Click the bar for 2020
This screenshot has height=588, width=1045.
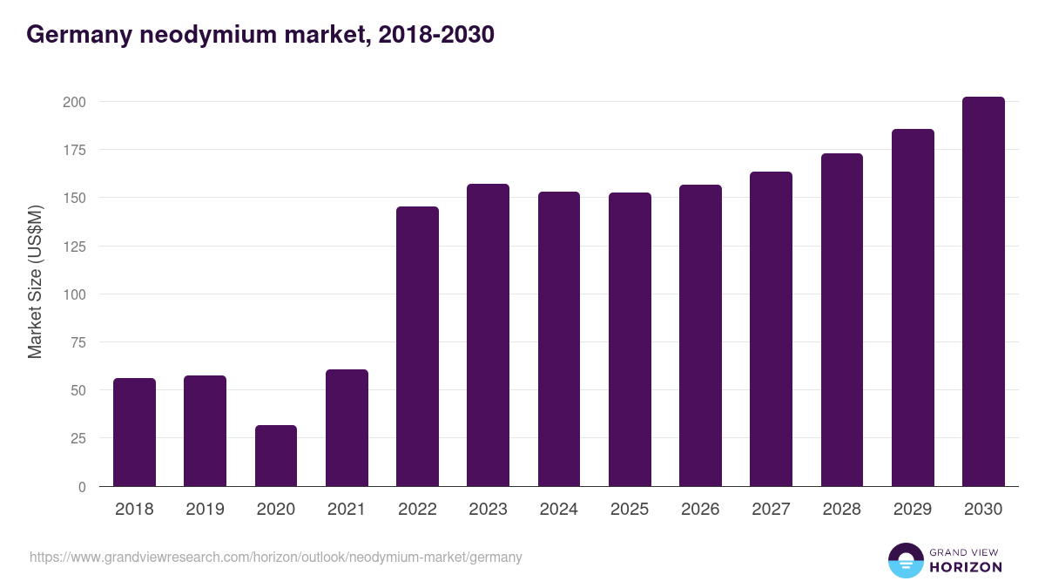[276, 456]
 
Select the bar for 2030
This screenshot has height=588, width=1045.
[983, 292]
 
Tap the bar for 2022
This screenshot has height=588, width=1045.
[417, 347]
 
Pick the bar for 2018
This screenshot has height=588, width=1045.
[134, 432]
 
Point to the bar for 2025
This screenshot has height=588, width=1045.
[630, 340]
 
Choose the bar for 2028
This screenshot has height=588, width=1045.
[842, 320]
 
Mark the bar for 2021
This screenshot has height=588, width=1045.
[347, 428]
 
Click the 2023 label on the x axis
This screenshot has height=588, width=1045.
[488, 510]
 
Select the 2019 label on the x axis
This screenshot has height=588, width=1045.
[205, 510]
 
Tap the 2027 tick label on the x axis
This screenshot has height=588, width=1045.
[771, 510]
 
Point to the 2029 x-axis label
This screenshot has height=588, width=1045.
[913, 510]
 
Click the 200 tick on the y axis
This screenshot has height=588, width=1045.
[74, 102]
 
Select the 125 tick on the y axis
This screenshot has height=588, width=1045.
[74, 247]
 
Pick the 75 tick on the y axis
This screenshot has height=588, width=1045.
[78, 342]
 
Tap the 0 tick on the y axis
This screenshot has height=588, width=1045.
[82, 487]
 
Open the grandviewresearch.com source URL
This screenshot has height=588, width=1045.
[276, 557]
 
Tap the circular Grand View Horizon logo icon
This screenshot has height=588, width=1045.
[905, 560]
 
